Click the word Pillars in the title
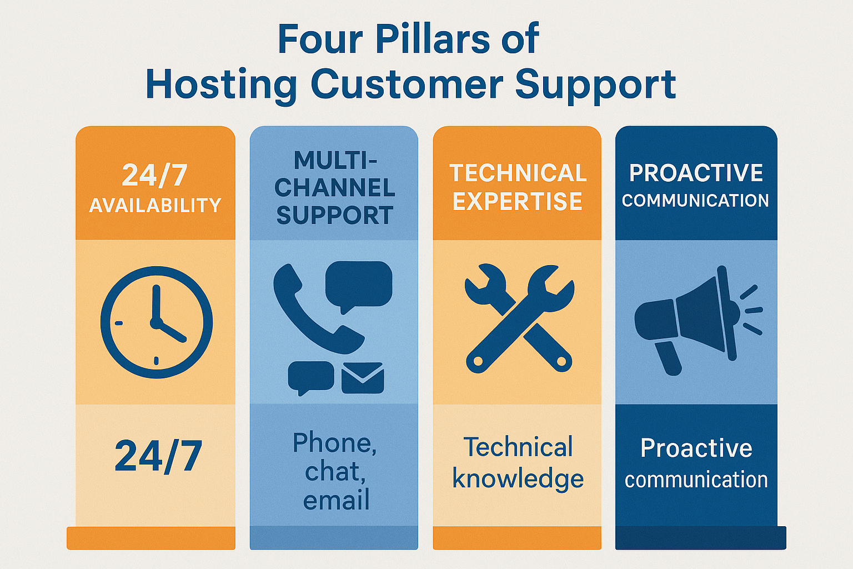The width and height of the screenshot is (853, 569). coord(433,39)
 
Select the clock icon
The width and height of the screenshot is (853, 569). coord(156,322)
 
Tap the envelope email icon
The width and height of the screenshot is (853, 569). coord(363,378)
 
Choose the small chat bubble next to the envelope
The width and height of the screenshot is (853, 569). coord(310,377)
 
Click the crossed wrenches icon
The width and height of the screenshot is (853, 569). coord(519,318)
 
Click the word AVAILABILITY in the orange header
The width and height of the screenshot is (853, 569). coord(155,206)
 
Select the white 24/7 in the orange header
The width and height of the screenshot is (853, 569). coord(155,176)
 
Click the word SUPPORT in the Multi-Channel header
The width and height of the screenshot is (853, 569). coord(334,216)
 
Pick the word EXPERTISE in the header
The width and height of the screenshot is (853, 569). coord(517,201)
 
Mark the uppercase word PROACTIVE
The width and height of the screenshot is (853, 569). coord(696,173)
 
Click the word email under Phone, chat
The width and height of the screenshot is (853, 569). coord(336,500)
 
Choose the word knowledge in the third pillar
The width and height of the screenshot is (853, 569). coord(518,479)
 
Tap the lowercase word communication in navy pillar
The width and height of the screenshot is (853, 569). coord(696,480)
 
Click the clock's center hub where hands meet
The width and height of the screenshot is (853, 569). coord(155,322)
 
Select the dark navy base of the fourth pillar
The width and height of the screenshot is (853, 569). coord(700,538)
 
